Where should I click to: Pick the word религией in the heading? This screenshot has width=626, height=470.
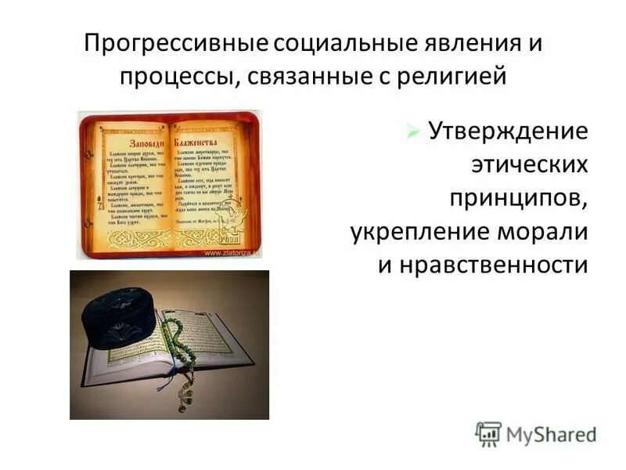451,77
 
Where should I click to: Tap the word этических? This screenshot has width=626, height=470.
528,164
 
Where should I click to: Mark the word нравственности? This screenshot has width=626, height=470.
483,266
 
